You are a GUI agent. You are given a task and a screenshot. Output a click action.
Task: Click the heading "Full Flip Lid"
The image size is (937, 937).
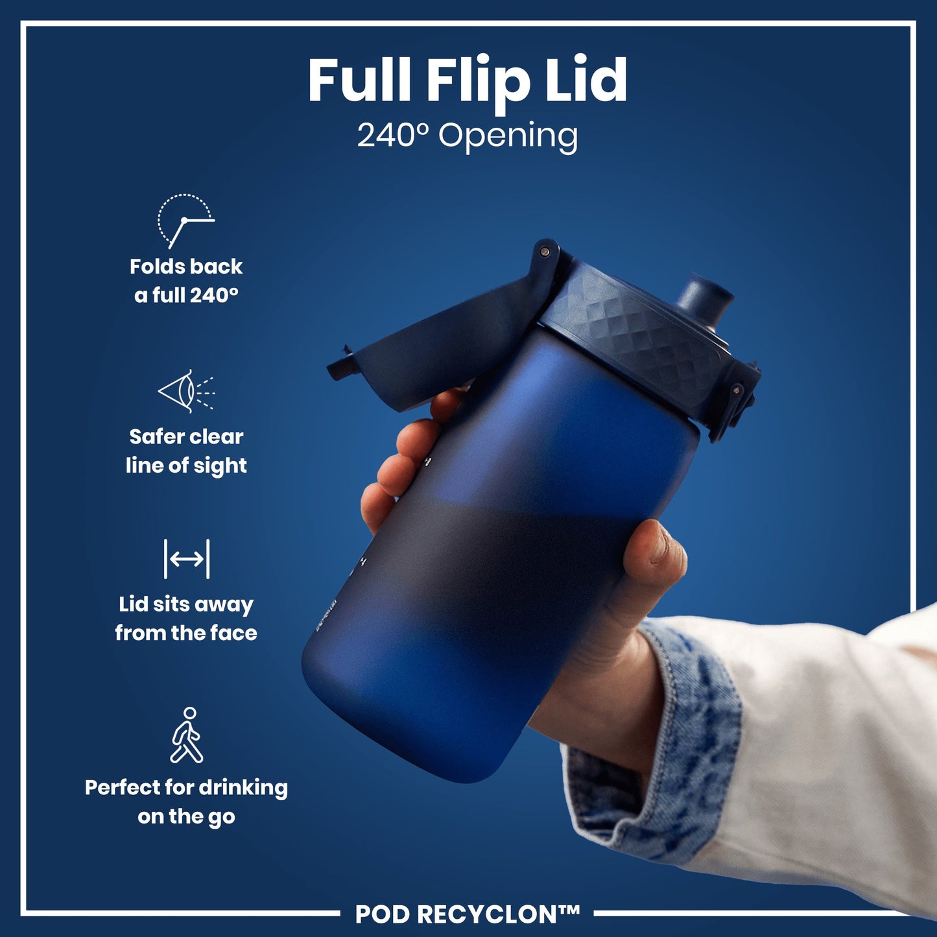tap(468, 80)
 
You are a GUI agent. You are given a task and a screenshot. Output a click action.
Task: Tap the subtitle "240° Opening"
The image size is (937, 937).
tap(468, 136)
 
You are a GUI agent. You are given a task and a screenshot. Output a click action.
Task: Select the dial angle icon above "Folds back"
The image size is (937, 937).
tap(185, 220)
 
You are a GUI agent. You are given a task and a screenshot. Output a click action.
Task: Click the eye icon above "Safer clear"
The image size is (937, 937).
tap(186, 391)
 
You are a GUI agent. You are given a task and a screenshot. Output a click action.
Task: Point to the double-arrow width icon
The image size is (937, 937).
tap(187, 558)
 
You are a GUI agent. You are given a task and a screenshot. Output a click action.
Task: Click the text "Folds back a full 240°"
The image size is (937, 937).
tap(186, 281)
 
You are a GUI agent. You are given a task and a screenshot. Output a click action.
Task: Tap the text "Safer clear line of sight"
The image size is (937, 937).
tap(186, 451)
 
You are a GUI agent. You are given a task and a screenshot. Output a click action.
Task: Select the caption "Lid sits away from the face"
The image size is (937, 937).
tap(186, 618)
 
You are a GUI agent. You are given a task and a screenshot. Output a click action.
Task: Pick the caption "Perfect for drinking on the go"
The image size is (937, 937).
tap(186, 801)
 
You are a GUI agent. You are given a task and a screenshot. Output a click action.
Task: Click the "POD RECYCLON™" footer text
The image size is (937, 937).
tap(467, 914)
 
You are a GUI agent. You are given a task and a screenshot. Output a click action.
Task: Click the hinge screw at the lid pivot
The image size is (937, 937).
tap(545, 251)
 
